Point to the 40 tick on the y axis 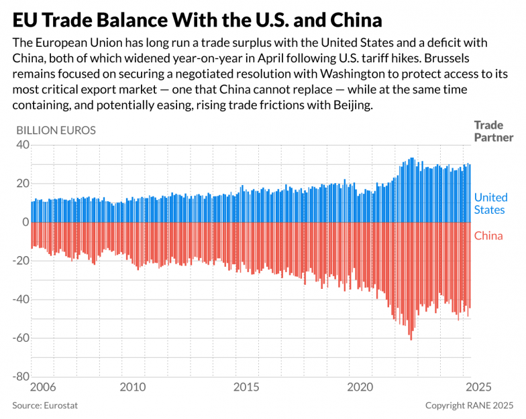tap(22, 145)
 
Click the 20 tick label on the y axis tap(22, 184)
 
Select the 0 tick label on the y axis tap(26, 222)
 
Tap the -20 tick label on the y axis tap(20, 261)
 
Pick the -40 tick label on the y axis tap(20, 299)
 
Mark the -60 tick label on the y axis tap(20, 338)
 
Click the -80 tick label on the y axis tap(20, 376)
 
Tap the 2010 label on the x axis tap(133, 387)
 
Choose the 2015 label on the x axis tap(247, 387)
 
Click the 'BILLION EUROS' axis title tap(56, 130)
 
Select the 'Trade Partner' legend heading tap(493, 131)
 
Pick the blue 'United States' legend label tap(490, 203)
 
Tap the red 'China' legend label tap(488, 235)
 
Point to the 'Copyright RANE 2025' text tap(469, 406)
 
